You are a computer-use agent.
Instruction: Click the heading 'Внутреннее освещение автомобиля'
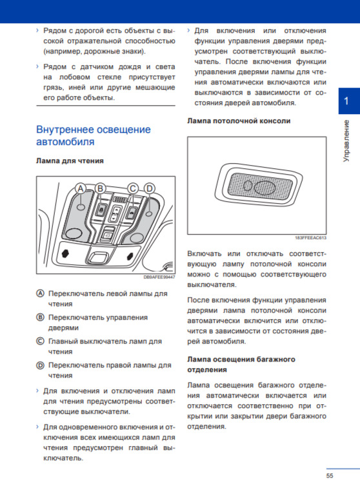[x=94, y=135]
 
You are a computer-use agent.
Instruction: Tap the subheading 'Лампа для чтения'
[x=70, y=161]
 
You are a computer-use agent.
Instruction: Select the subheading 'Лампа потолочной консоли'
[x=239, y=121]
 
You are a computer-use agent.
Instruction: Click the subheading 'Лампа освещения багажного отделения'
[x=241, y=364]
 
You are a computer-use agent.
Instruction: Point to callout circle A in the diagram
[x=81, y=189]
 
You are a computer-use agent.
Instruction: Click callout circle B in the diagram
[x=100, y=189]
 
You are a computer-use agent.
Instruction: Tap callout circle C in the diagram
[x=133, y=189]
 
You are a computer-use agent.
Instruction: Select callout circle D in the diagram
[x=149, y=189]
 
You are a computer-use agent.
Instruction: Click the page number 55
[x=330, y=476]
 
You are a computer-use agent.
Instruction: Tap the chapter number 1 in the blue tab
[x=346, y=101]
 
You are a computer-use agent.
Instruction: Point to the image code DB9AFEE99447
[x=159, y=277]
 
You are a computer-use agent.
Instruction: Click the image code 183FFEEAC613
[x=310, y=238]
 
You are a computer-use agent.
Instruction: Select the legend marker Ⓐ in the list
[x=40, y=293]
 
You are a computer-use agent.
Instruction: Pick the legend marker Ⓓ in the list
[x=40, y=365]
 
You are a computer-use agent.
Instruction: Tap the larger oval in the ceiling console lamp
[x=265, y=188]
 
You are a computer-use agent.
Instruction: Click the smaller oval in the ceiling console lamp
[x=248, y=186]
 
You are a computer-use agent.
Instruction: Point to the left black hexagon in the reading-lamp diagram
[x=65, y=253]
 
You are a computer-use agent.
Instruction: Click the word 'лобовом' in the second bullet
[x=75, y=77]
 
